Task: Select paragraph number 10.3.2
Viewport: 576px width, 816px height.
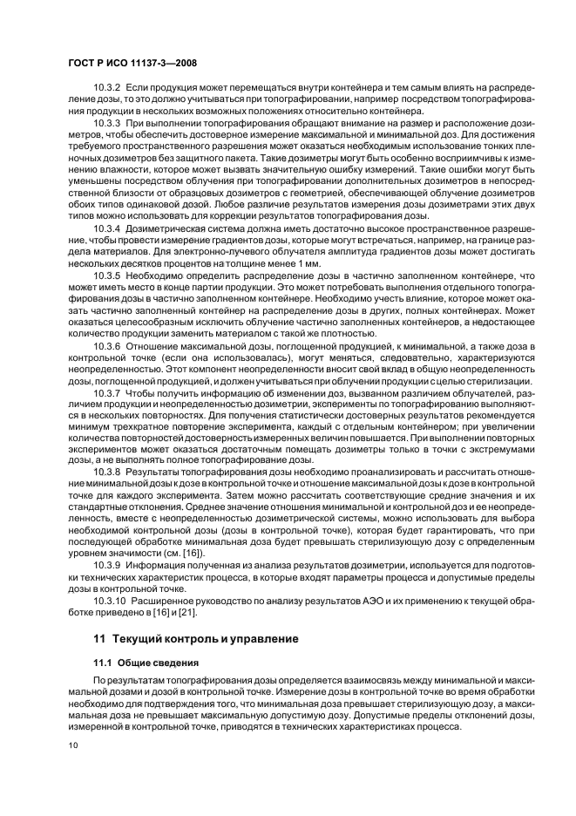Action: click(x=107, y=89)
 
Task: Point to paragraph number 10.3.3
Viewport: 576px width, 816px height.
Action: click(x=107, y=124)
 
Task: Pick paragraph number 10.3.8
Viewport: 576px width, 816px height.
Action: click(x=107, y=471)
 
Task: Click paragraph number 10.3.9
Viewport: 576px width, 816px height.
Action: click(x=107, y=564)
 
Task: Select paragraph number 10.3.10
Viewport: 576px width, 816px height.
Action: click(x=110, y=602)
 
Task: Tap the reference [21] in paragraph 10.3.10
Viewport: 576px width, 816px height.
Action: click(x=171, y=613)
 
